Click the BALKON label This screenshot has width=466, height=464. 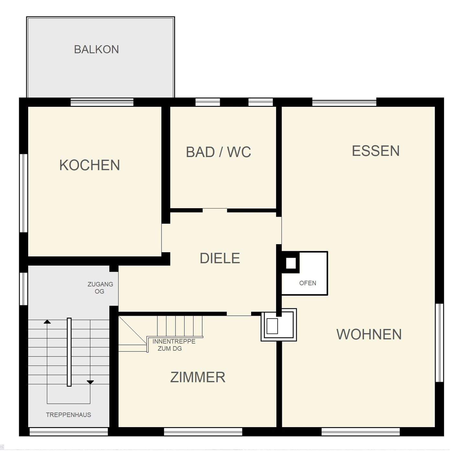pos(96,49)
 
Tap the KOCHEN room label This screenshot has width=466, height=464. pos(89,165)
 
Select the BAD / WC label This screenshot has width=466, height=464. pos(218,152)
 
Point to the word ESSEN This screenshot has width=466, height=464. pos(376,151)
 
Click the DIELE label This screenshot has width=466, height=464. pos(220,258)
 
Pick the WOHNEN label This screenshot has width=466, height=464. pos(369,334)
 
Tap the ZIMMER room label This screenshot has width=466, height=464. pos(198,377)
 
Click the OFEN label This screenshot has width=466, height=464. pos(308,283)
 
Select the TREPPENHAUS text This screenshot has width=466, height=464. pos(68,415)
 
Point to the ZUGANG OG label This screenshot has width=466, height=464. pos(100,288)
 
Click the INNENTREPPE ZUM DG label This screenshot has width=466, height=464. pos(174,345)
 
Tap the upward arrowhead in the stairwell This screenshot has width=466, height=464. pos(47,322)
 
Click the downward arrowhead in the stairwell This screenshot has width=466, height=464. pos(90,382)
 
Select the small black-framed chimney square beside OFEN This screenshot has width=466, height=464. pos(291,263)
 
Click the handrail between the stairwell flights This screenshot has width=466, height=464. pos(69,352)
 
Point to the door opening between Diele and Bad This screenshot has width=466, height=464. pos(215,210)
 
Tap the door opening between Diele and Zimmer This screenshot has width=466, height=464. pos(239,314)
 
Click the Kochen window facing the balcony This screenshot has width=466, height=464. pos(102,102)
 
